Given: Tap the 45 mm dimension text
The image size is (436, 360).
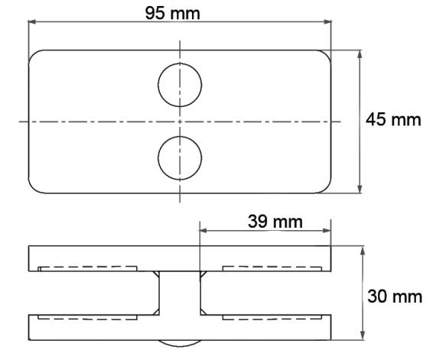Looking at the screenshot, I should [393, 120].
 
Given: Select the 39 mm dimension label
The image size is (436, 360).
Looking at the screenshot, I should [275, 221].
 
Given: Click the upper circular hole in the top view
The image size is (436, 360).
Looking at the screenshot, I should [181, 81].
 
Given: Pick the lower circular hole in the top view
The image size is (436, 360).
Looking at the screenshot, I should [181, 158].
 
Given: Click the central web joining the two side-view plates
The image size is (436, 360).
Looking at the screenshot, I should [181, 295].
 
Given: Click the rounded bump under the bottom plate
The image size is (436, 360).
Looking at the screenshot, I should [181, 344].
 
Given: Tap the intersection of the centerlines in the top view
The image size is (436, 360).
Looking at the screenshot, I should [181, 121].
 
